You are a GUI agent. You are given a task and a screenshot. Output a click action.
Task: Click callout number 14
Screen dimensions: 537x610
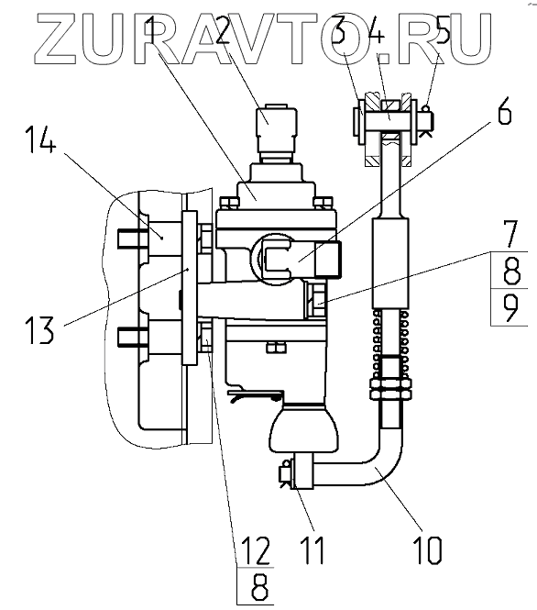(x=41, y=140)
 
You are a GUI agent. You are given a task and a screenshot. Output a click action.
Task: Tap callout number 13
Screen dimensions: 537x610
(x=39, y=329)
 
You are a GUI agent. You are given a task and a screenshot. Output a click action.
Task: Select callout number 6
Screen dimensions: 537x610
(x=504, y=112)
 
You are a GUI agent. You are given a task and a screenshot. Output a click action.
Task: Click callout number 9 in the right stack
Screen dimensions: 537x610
(x=510, y=307)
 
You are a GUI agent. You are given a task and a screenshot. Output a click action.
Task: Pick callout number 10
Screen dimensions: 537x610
(x=429, y=550)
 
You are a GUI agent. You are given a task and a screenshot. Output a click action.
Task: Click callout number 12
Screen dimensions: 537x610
(x=256, y=550)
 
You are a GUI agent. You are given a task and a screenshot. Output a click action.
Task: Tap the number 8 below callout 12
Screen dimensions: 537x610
(x=259, y=587)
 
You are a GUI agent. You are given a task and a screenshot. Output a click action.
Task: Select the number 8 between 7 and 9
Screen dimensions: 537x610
(x=510, y=272)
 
